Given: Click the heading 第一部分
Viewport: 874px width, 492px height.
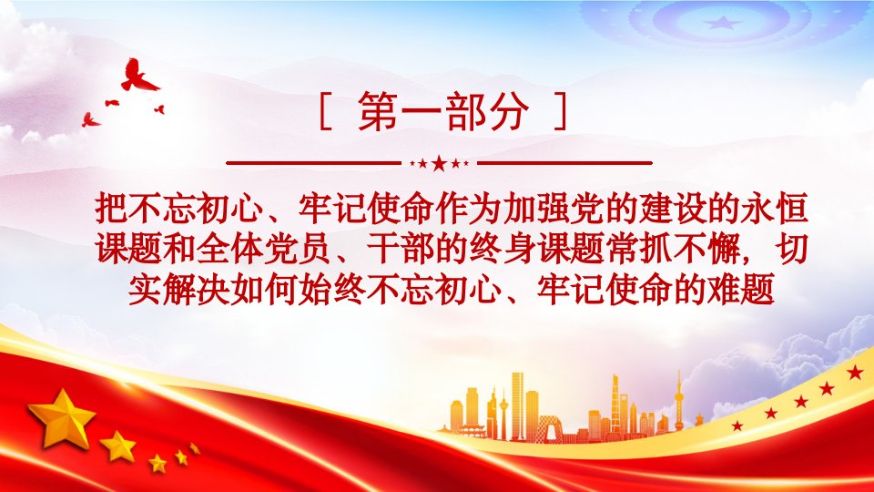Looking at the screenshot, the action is pos(443,111).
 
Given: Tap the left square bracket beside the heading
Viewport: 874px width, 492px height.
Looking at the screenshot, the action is pos(326,111).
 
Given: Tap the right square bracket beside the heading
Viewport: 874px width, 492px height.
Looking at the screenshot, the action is pos(561,111).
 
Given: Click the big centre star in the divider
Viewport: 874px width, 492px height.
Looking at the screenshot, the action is pos(439,163).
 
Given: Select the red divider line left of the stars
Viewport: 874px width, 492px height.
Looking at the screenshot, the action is pos(314,163).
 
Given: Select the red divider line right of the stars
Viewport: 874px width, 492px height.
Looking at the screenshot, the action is pos(564,163).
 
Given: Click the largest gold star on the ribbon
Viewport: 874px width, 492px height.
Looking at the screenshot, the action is pos(62,419).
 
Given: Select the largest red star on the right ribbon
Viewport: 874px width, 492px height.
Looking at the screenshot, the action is pos(855,372).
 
